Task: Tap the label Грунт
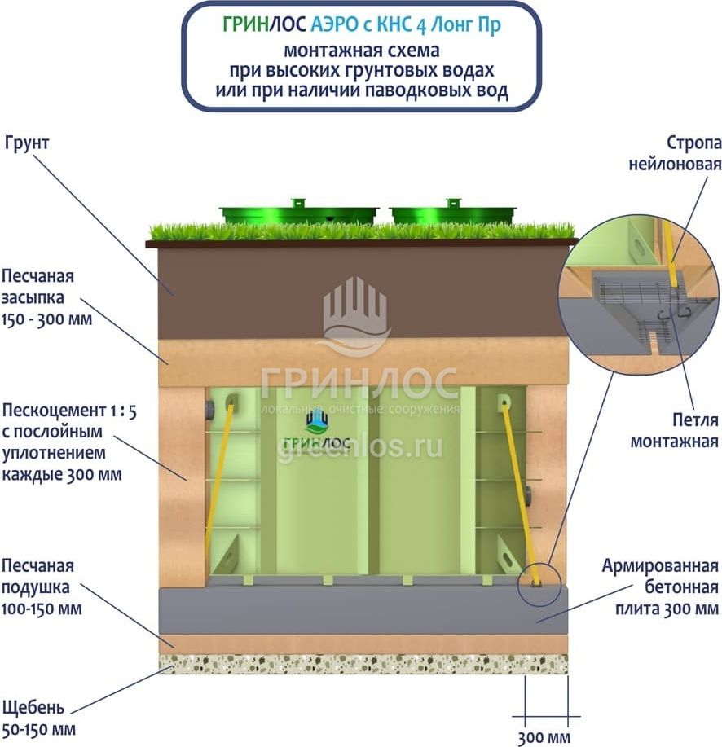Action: [28, 143]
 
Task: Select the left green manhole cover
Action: [299, 213]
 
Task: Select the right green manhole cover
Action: [452, 213]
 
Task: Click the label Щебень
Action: [33, 706]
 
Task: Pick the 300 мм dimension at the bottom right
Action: [544, 738]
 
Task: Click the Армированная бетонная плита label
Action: [661, 587]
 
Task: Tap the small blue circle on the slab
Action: [539, 583]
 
